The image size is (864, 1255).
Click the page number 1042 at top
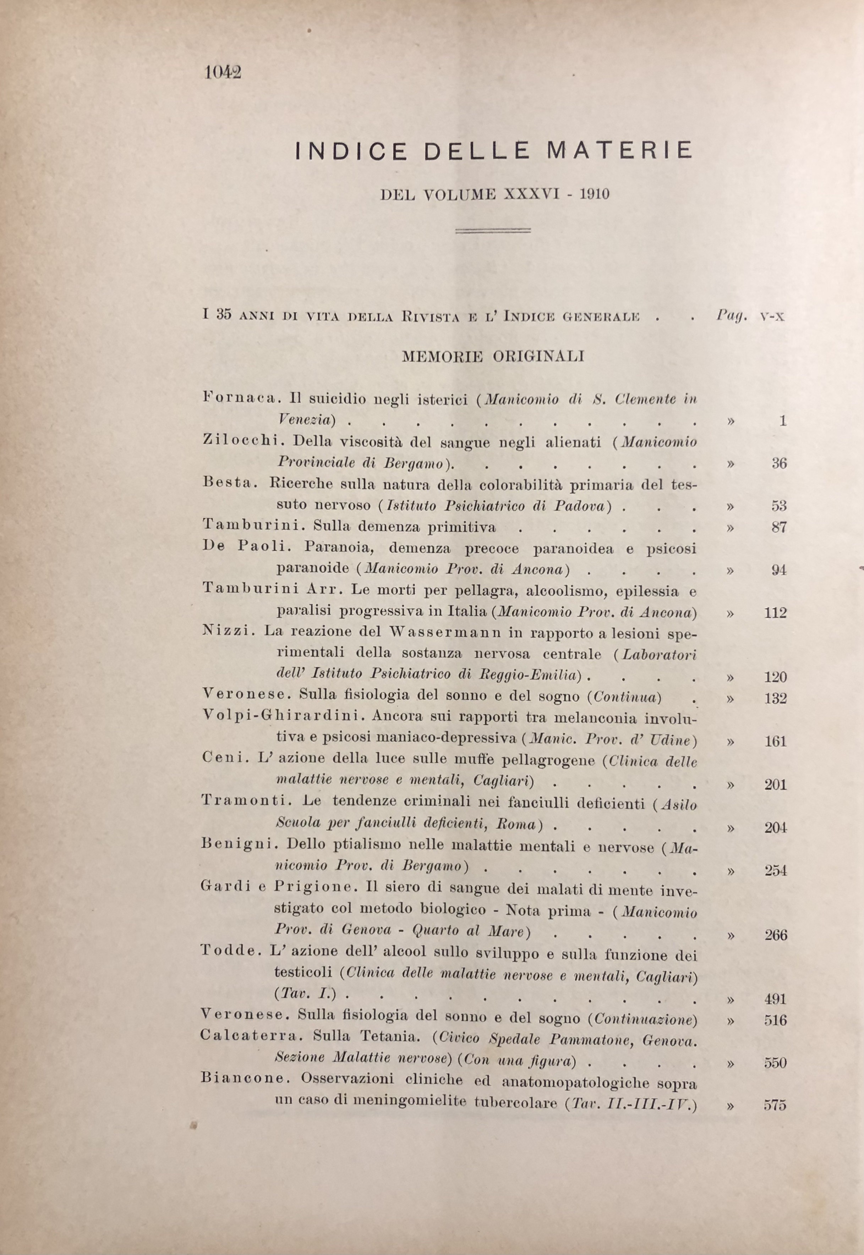[223, 72]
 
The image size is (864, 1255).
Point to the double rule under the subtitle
[493, 231]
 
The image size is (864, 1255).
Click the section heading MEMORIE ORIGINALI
[493, 357]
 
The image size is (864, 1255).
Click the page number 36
[778, 464]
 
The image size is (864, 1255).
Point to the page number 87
[778, 528]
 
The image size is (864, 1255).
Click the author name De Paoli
[247, 547]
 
